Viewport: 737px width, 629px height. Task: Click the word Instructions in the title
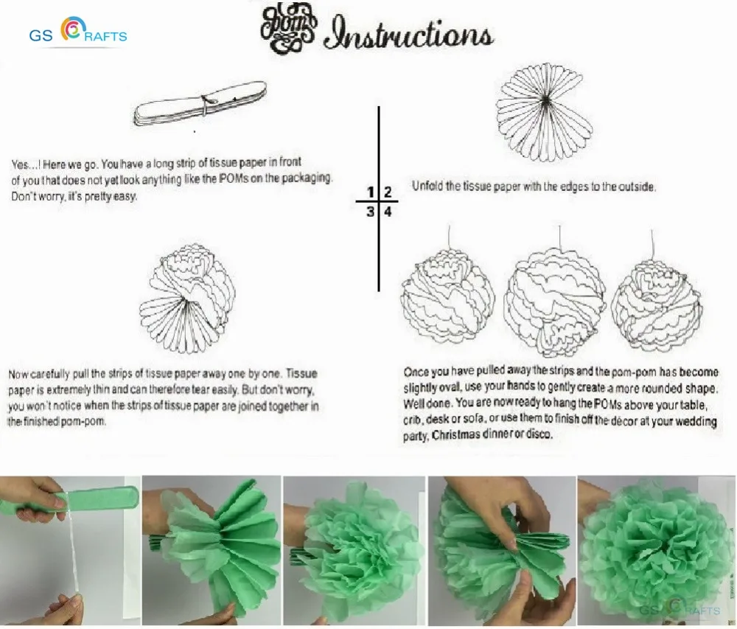pos(408,35)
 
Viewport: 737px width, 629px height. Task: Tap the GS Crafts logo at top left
pos(78,32)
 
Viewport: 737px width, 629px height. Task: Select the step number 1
pos(371,192)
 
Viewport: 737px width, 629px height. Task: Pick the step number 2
pos(388,192)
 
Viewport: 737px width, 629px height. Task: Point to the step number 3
pos(371,212)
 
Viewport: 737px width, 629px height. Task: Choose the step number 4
pos(388,212)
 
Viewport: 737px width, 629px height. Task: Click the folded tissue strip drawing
pos(200,104)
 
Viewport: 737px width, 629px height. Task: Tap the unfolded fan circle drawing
pos(544,112)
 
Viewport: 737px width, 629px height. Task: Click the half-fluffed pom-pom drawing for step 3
pos(187,298)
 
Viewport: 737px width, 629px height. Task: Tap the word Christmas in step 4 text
pos(455,435)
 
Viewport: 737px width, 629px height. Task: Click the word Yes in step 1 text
pos(21,164)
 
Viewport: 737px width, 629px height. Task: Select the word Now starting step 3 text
pos(18,374)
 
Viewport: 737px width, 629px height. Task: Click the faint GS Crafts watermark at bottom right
pos(680,609)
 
